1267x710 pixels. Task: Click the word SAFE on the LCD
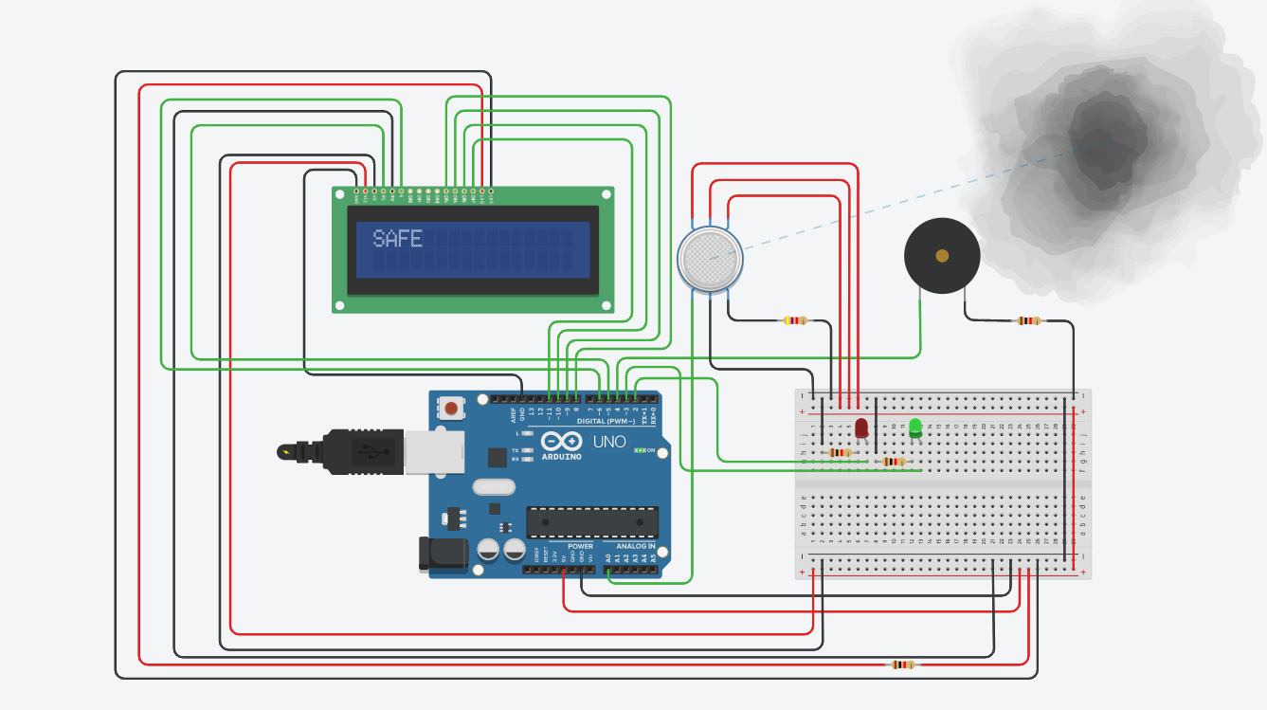tap(397, 239)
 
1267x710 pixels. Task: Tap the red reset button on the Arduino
tap(451, 409)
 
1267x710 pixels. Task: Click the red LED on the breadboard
tap(861, 428)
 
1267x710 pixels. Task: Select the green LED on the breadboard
tap(915, 428)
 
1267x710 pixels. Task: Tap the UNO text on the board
tap(609, 442)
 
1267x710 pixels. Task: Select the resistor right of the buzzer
tap(1027, 320)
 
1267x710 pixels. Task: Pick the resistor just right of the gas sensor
tap(794, 320)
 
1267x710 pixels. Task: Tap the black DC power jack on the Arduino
tap(443, 554)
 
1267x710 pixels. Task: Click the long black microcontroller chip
tap(592, 521)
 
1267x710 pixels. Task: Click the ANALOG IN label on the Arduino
tap(636, 546)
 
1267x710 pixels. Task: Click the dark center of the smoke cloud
tap(1099, 142)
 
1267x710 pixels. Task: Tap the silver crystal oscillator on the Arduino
tap(491, 487)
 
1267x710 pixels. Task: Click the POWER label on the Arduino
tap(580, 546)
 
